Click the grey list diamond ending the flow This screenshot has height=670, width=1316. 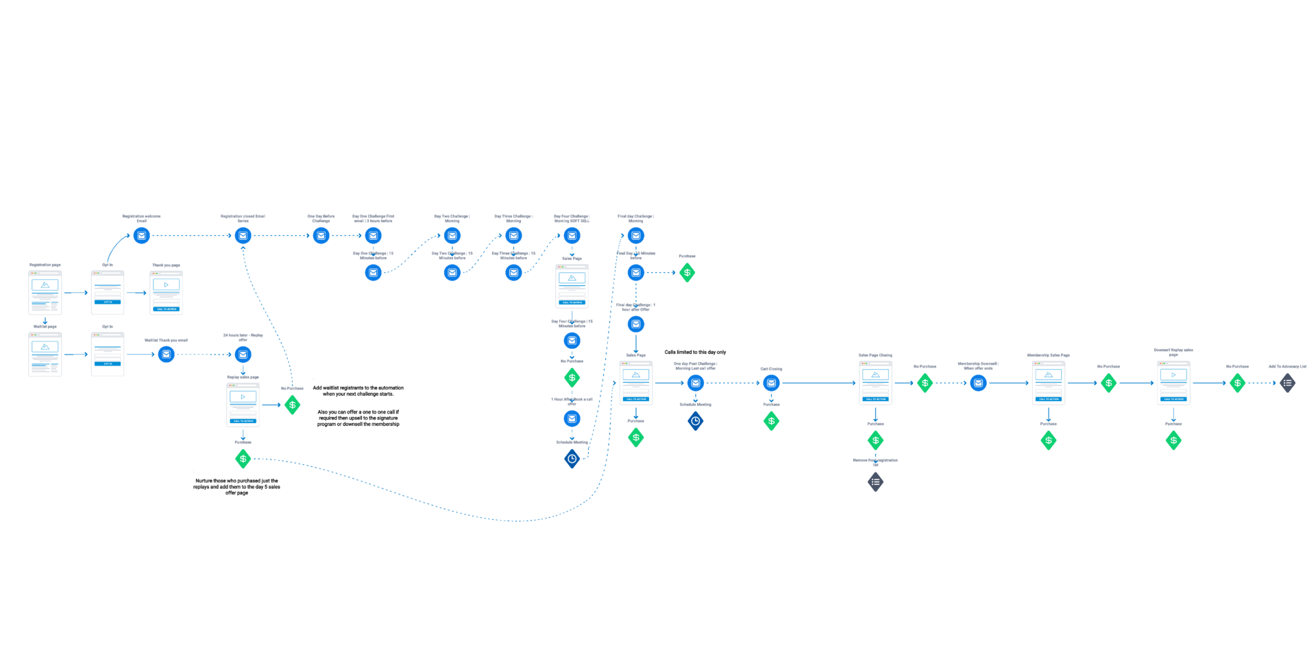pos(1287,383)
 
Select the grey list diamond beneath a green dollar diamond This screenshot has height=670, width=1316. pos(875,482)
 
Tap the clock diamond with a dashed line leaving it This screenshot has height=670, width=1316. pos(572,459)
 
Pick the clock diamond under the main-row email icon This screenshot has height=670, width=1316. pos(696,421)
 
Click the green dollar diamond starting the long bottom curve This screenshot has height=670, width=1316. pos(243,459)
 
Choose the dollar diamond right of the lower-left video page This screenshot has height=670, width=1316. pos(293,405)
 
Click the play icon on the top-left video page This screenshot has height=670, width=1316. pos(166,285)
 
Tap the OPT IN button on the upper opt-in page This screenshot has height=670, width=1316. pos(108,302)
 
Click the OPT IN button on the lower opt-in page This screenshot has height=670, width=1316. pos(108,363)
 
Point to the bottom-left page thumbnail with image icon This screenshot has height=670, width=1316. pos(45,355)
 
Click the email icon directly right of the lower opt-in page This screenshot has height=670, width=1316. pos(166,355)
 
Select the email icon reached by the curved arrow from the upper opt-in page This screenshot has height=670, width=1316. pos(142,236)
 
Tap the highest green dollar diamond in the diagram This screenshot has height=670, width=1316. pos(687,273)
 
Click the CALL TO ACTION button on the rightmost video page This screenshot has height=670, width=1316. pos(1173,399)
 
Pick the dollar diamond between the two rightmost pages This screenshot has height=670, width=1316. pos(1108,383)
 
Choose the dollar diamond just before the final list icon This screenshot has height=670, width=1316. pos(1237,383)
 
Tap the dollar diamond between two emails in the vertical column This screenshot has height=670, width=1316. pos(572,378)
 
